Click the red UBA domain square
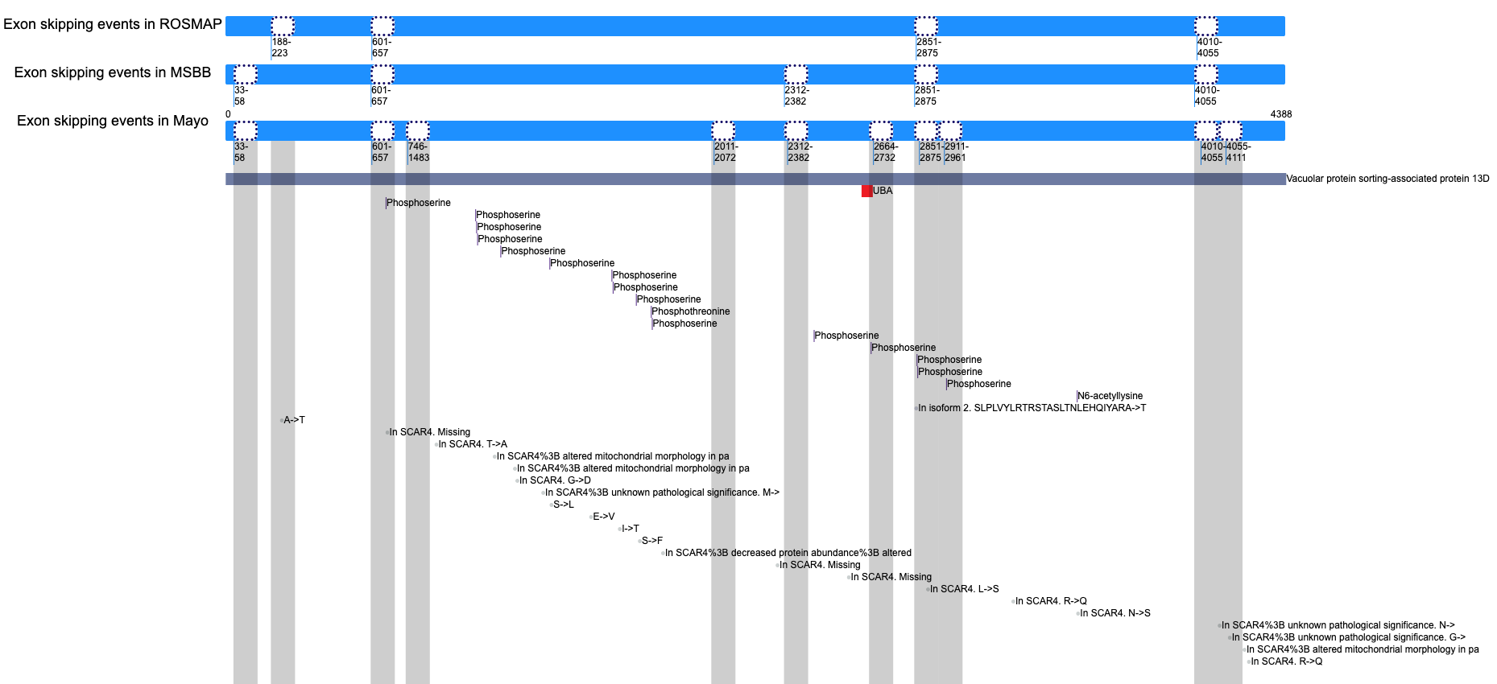click(866, 191)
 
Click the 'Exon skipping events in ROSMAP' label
click(112, 24)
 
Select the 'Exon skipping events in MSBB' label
click(112, 72)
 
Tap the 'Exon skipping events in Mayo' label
click(112, 121)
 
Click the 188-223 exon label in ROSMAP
click(280, 47)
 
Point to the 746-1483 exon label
click(418, 152)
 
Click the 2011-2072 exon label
click(725, 152)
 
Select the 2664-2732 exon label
click(885, 152)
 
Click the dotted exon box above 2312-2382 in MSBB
click(796, 74)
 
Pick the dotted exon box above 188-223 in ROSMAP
click(283, 26)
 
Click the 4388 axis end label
click(1280, 114)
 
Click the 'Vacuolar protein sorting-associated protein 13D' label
click(1387, 179)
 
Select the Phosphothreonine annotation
click(691, 311)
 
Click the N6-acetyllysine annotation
click(1110, 396)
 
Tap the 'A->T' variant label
click(294, 420)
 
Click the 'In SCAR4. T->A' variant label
click(473, 444)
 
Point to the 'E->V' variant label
click(604, 517)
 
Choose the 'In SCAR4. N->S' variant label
click(1115, 613)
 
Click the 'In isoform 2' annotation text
click(1032, 408)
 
